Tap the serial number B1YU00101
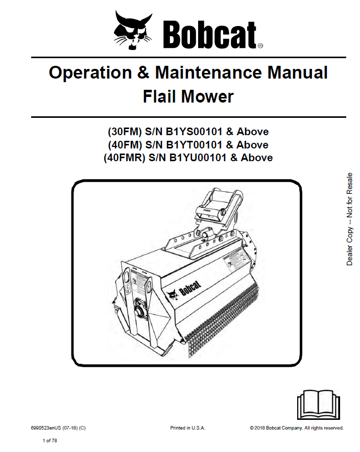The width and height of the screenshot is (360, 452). click(x=200, y=158)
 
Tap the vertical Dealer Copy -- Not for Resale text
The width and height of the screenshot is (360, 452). click(x=350, y=219)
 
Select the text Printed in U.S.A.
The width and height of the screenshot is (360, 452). click(x=187, y=428)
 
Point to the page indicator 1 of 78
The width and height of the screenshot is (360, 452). click(x=50, y=440)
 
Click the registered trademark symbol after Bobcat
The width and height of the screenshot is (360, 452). click(x=260, y=45)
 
